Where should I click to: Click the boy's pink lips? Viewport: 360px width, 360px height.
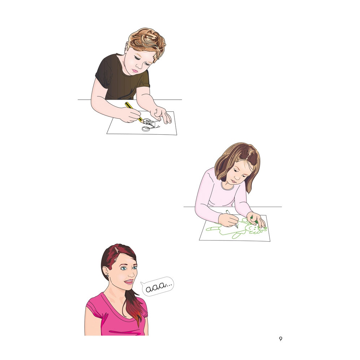(135, 71)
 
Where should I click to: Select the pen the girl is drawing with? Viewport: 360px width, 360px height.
(232, 219)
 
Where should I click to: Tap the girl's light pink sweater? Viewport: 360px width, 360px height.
(220, 195)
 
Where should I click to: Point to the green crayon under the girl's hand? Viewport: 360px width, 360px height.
(254, 219)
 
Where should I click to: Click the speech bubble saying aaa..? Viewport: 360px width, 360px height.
(157, 286)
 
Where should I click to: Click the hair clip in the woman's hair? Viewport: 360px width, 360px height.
(116, 249)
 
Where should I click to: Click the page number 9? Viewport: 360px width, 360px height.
(280, 339)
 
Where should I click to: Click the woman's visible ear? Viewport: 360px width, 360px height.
(105, 271)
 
